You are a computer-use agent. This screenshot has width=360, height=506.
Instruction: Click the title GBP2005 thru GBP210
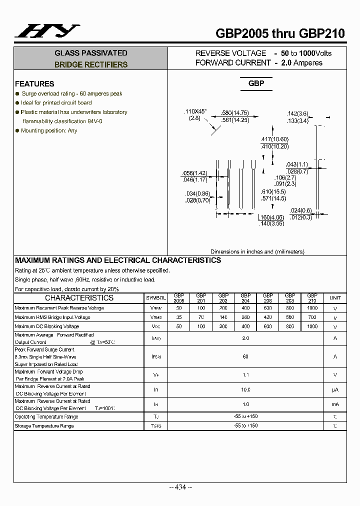point(280,33)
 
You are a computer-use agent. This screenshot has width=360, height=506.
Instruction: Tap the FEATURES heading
point(34,84)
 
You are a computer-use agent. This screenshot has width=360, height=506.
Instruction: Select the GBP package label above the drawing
point(256,83)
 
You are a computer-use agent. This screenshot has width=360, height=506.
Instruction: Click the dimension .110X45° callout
point(196,111)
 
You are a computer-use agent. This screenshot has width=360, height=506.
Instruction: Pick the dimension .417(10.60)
point(274,139)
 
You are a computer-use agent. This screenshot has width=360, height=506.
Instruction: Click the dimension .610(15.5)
point(273,191)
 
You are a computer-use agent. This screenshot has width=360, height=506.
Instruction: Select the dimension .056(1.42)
point(194,173)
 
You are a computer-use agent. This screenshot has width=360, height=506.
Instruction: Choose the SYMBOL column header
point(155,298)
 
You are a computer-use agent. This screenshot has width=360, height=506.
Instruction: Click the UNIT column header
point(335,298)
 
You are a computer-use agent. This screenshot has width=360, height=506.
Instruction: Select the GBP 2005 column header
point(178,298)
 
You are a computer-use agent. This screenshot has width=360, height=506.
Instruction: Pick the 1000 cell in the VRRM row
point(312,308)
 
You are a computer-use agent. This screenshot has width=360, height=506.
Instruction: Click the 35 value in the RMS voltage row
point(178,317)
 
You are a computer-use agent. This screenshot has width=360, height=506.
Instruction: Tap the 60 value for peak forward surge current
point(245,357)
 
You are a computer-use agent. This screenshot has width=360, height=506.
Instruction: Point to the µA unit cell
point(335,389)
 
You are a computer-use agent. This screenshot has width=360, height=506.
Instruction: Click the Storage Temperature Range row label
point(44,426)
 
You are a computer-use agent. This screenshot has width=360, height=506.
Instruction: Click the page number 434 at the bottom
point(180,487)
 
